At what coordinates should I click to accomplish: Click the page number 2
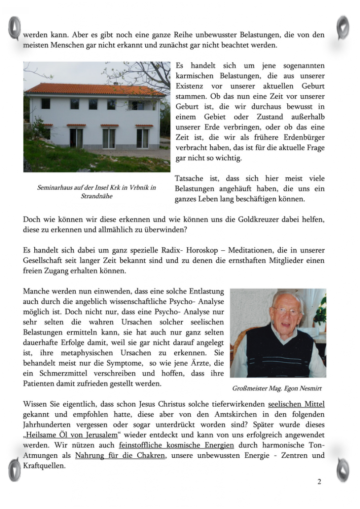pyautogui.click(x=319, y=481)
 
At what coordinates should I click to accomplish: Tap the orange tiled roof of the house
pyautogui.click(x=94, y=89)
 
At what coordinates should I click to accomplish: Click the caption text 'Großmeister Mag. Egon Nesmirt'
pyautogui.click(x=277, y=388)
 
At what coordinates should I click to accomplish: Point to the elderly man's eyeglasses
pyautogui.click(x=286, y=311)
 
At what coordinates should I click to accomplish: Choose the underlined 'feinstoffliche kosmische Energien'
pyautogui.click(x=176, y=445)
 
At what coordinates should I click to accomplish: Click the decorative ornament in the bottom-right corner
pyautogui.click(x=343, y=469)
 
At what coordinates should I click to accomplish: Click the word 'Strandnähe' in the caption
pyautogui.click(x=97, y=196)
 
